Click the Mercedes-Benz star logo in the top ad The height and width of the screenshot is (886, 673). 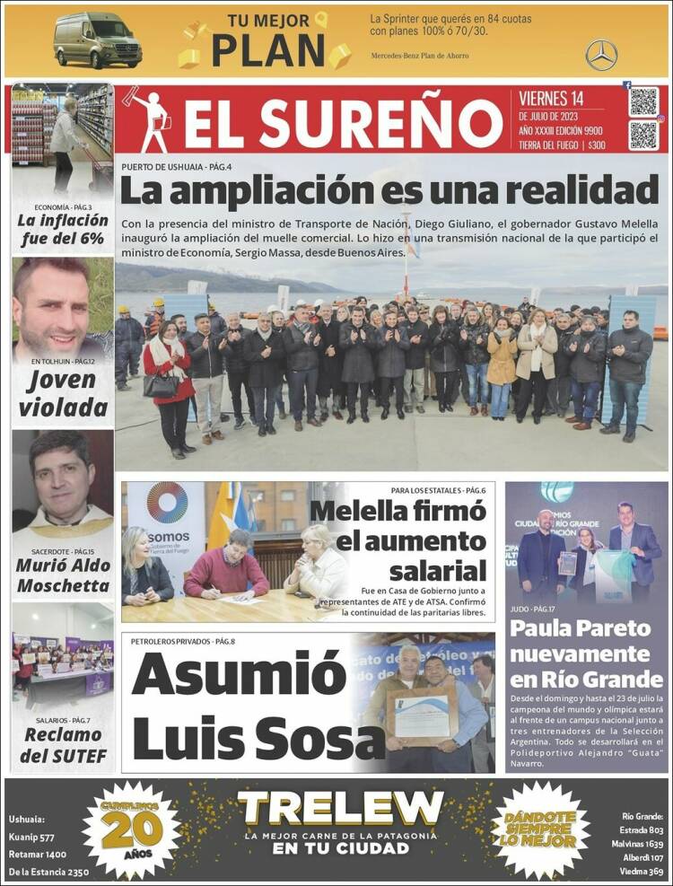click(601, 56)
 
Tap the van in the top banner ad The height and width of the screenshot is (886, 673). click(97, 40)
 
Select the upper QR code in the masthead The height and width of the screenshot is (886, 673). click(642, 101)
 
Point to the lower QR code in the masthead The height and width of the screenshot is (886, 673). click(642, 135)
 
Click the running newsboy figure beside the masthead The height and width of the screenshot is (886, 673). click(149, 119)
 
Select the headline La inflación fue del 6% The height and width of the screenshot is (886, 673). click(63, 230)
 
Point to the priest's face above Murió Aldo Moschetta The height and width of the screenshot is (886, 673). click(61, 477)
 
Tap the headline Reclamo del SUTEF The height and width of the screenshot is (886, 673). click(63, 745)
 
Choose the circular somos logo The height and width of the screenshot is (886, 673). click(167, 504)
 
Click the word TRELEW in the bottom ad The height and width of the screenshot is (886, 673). click(340, 808)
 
